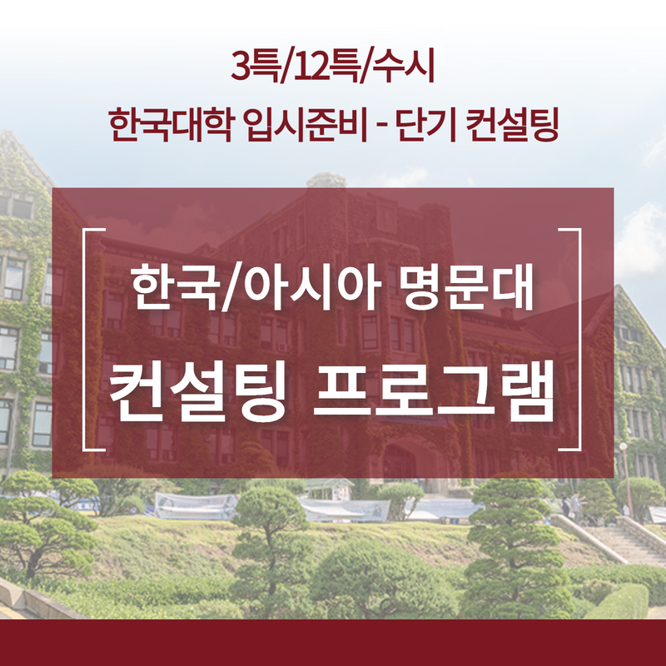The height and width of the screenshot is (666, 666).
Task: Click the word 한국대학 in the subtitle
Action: (x=171, y=124)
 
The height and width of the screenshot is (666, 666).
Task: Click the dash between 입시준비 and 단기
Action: (x=381, y=127)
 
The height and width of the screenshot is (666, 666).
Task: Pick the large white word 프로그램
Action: (x=434, y=390)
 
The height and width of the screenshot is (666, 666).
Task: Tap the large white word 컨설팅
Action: (x=196, y=390)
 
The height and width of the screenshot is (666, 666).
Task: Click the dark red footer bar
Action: (x=333, y=642)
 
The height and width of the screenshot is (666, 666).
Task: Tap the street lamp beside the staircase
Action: (x=626, y=480)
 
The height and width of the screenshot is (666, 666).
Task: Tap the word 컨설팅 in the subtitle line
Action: (x=511, y=124)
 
